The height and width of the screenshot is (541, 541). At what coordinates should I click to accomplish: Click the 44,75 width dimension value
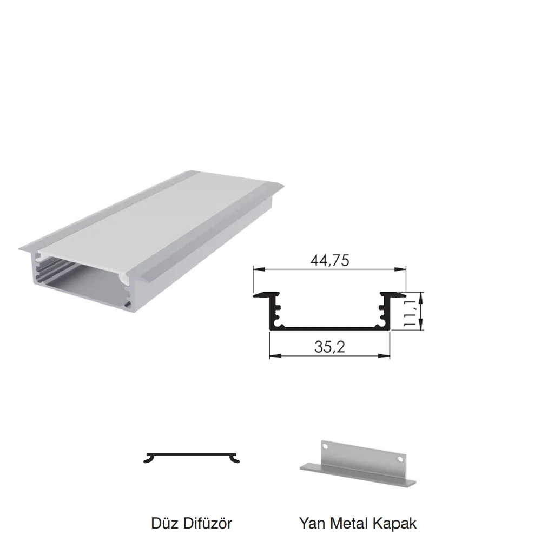pyautogui.click(x=330, y=261)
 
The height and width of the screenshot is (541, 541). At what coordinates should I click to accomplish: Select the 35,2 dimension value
pyautogui.click(x=329, y=347)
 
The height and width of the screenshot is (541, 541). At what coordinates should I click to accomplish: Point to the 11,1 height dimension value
pyautogui.click(x=410, y=313)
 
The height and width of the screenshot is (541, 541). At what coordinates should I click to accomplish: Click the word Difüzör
pyautogui.click(x=207, y=523)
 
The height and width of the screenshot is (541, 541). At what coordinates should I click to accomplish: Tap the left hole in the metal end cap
pyautogui.click(x=325, y=446)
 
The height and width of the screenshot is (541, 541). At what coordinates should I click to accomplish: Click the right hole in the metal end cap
pyautogui.click(x=400, y=459)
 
